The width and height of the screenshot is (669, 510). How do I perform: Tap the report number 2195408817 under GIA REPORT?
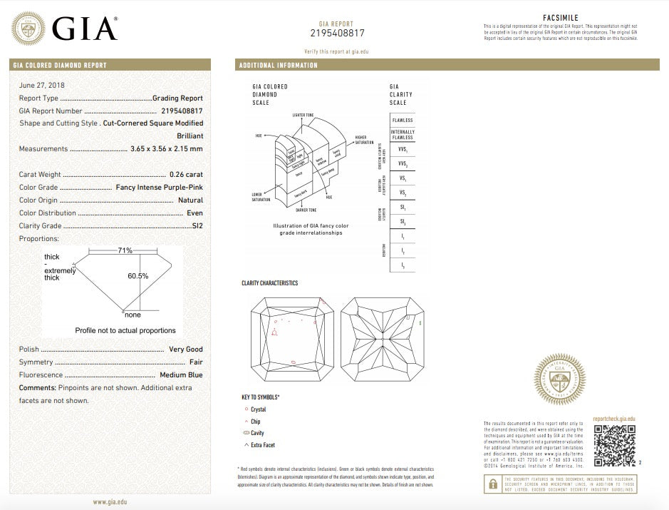pos(337,33)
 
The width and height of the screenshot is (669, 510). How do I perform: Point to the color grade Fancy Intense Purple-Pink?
pos(159,188)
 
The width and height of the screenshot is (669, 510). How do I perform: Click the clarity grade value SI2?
pos(197,226)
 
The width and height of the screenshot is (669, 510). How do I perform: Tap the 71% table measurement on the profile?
pos(125,250)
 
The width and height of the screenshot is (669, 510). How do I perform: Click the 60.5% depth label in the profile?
pos(138,275)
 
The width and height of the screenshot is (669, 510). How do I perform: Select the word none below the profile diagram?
pos(133,315)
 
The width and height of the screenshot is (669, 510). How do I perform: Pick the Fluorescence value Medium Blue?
pos(181,374)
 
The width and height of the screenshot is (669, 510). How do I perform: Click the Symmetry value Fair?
pos(196,362)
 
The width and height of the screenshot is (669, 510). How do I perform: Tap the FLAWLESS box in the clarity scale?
pos(403,121)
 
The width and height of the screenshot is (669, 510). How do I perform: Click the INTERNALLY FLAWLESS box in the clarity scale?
pos(403,135)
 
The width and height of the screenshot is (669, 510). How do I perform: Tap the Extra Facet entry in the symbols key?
pos(262,445)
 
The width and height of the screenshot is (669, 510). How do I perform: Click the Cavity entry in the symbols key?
pos(257,433)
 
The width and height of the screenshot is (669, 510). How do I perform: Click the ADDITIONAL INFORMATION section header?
pos(279,66)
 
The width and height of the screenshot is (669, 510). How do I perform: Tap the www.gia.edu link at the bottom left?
pos(110,502)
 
